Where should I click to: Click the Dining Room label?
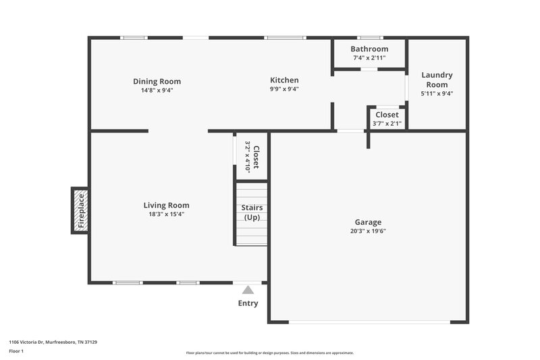(x=157, y=82)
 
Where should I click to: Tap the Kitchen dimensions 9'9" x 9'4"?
(x=284, y=88)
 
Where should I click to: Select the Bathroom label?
(x=369, y=49)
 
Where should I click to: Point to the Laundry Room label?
(x=437, y=80)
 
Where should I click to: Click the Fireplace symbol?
(x=80, y=210)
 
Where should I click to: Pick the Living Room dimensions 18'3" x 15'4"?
(x=166, y=214)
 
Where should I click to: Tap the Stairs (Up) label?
(x=252, y=212)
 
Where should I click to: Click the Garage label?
(x=368, y=222)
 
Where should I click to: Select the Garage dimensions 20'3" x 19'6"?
(x=368, y=231)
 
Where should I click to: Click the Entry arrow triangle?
(x=248, y=290)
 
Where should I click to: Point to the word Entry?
(x=248, y=303)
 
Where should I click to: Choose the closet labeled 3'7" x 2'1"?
(x=387, y=119)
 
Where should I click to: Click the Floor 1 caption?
(x=16, y=352)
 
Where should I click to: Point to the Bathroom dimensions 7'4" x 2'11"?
(x=369, y=58)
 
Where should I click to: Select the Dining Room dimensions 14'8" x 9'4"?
(x=157, y=90)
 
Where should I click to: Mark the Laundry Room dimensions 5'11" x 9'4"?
(x=437, y=93)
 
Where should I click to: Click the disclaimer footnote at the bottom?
(x=269, y=353)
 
